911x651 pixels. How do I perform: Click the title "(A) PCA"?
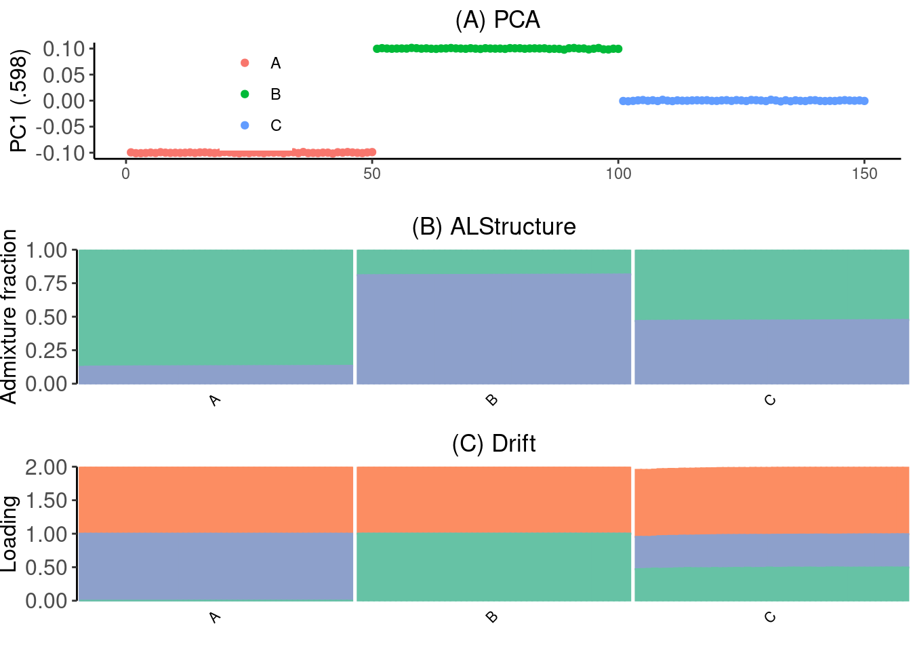coord(497,20)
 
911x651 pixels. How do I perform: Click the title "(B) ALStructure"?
coord(493,226)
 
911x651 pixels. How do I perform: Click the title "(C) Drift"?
coord(493,443)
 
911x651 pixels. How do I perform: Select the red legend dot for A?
coord(245,63)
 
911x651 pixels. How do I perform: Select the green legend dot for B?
coord(245,94)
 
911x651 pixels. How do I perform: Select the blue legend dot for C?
coord(245,125)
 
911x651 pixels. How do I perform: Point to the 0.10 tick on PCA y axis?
coord(64,49)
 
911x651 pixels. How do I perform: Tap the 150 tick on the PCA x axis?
coord(864,174)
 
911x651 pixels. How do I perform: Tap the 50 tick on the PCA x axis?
coord(372,174)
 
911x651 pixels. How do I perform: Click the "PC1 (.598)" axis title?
coord(18,101)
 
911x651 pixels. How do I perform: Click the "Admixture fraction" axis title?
coord(9,317)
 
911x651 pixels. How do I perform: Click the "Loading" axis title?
coord(9,534)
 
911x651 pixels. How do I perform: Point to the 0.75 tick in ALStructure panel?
coord(47,283)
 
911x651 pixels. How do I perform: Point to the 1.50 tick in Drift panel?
coord(47,500)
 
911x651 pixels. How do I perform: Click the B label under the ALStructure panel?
coord(493,400)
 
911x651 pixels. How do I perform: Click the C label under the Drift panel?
coord(770,617)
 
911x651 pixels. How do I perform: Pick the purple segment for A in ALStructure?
coord(216,375)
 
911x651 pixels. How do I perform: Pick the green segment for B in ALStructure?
coord(493,261)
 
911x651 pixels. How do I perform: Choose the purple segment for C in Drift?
coord(771,550)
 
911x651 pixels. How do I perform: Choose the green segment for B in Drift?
coord(493,566)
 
